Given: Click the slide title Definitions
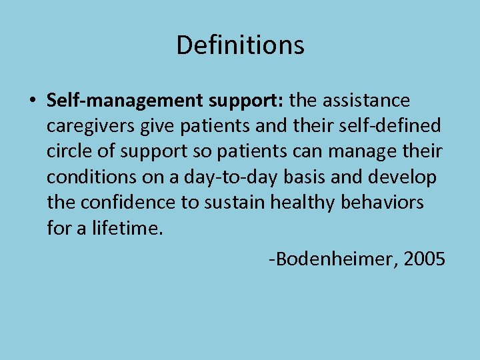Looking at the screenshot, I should pyautogui.click(x=240, y=45).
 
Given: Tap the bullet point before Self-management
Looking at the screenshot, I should pyautogui.click(x=33, y=101).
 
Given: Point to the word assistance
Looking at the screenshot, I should pyautogui.click(x=369, y=101).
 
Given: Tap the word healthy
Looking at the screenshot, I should pyautogui.click(x=305, y=202).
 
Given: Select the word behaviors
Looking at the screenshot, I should pyautogui.click(x=382, y=202).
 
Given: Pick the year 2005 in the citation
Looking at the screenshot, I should pyautogui.click(x=424, y=258).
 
